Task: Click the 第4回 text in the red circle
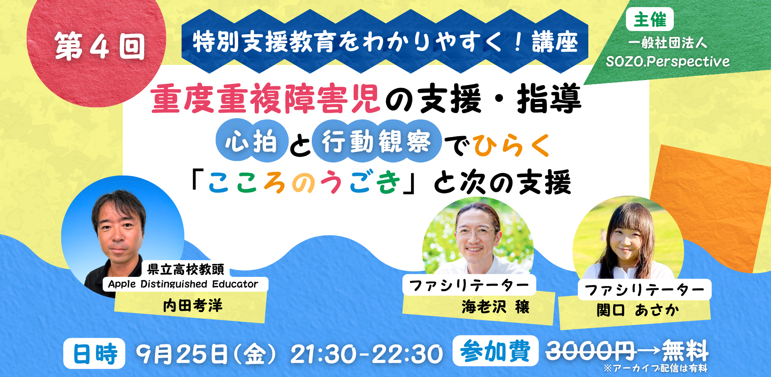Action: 100,46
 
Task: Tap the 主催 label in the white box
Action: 649,19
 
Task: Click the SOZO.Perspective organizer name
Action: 668,62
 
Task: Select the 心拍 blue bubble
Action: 252,141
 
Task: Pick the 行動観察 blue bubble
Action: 376,141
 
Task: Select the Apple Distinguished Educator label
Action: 183,284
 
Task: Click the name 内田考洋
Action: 193,306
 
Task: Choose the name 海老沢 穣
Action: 496,307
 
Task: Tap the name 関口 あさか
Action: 638,310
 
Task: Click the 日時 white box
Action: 94,354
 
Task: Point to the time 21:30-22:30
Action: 367,354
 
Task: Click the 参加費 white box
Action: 495,351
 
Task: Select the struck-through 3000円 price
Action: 591,351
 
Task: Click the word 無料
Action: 685,351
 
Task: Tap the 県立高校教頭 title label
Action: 186,269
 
